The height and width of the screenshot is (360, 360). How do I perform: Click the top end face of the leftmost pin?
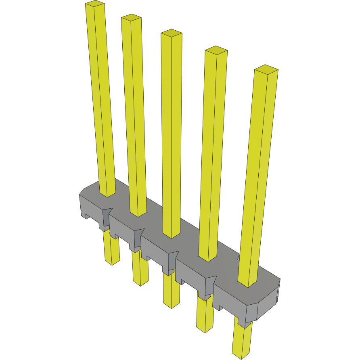coord(95,4)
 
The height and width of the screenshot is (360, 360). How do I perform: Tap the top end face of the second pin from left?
coord(131,17)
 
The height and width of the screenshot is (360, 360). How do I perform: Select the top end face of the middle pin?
coord(172,33)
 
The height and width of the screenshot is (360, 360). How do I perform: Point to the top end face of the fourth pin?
coord(216,50)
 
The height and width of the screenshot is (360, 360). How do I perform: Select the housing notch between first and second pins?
coord(107,218)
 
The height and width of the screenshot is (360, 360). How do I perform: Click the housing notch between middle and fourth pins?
coord(173,260)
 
